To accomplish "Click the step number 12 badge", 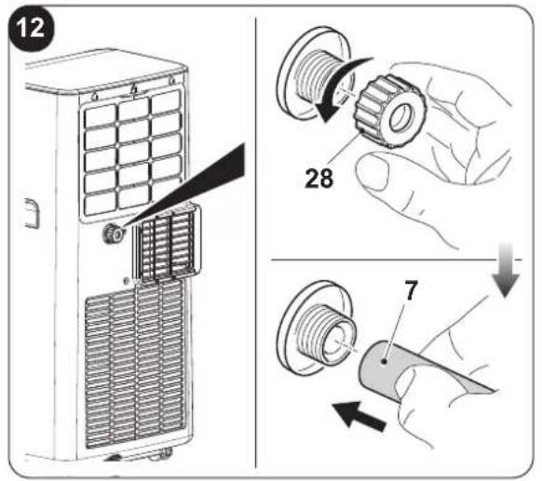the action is (31, 28).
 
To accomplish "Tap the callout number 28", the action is (319, 178).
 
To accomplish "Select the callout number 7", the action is (411, 291).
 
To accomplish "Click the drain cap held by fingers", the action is (388, 112).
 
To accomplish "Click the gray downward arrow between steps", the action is (505, 269).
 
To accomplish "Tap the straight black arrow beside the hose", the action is (359, 416).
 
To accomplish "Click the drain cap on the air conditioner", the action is (113, 234).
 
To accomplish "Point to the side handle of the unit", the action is (33, 213).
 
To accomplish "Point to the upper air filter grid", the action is (133, 155).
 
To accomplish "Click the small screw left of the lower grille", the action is (126, 281).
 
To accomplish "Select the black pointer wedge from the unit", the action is (183, 186).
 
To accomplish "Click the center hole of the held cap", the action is (401, 118).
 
